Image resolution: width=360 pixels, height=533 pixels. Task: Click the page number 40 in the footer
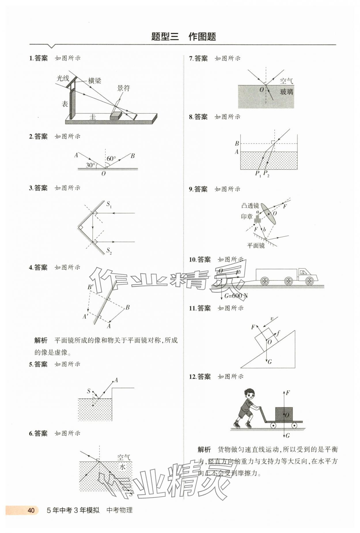[31, 510]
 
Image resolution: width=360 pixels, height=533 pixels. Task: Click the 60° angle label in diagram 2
[111, 158]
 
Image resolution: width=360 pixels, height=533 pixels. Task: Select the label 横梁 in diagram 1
[94, 81]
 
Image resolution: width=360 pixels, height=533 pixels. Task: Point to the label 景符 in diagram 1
[124, 88]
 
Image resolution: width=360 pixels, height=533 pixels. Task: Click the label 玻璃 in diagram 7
[287, 92]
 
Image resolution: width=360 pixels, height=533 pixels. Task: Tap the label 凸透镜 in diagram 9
[250, 206]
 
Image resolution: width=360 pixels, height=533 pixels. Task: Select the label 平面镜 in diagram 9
[256, 245]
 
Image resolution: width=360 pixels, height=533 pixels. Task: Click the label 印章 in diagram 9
[247, 217]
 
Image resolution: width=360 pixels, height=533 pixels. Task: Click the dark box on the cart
[284, 414]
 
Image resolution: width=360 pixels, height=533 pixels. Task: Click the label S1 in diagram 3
[109, 205]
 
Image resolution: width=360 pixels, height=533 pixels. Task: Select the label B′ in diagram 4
[91, 287]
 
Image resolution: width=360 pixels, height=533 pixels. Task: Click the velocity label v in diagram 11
[272, 319]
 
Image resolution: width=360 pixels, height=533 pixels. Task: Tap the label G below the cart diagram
[287, 436]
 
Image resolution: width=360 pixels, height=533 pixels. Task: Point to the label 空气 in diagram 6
[124, 457]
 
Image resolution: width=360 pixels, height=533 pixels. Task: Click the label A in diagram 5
[116, 380]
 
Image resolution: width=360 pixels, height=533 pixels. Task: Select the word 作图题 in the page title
[202, 37]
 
